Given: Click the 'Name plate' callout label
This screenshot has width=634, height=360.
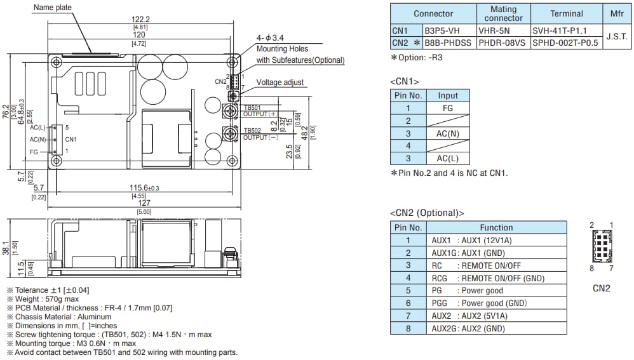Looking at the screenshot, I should point(53,8).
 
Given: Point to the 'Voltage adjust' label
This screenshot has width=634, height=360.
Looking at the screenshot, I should point(280,83).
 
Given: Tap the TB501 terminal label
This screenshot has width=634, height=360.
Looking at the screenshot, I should point(252,107).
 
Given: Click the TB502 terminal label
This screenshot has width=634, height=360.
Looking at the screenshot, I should point(252,130).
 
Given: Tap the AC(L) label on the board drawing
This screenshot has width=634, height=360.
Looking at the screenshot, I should point(37,128).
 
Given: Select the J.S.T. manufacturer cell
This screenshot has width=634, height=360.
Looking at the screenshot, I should point(616,36).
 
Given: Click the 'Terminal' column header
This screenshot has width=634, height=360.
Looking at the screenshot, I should point(566,13).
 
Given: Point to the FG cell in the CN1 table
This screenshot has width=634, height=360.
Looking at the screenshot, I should point(447,108).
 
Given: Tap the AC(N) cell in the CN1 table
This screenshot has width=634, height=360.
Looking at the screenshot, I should point(447,133).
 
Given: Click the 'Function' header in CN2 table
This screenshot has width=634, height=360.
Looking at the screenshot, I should point(496,227).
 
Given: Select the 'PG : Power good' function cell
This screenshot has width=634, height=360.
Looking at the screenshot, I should point(496,291).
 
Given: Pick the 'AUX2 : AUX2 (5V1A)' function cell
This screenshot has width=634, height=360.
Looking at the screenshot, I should point(496,316).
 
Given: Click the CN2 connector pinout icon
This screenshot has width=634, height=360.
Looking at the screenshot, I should point(601,246).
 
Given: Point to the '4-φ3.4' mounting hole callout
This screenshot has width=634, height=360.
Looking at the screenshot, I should point(269,37).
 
